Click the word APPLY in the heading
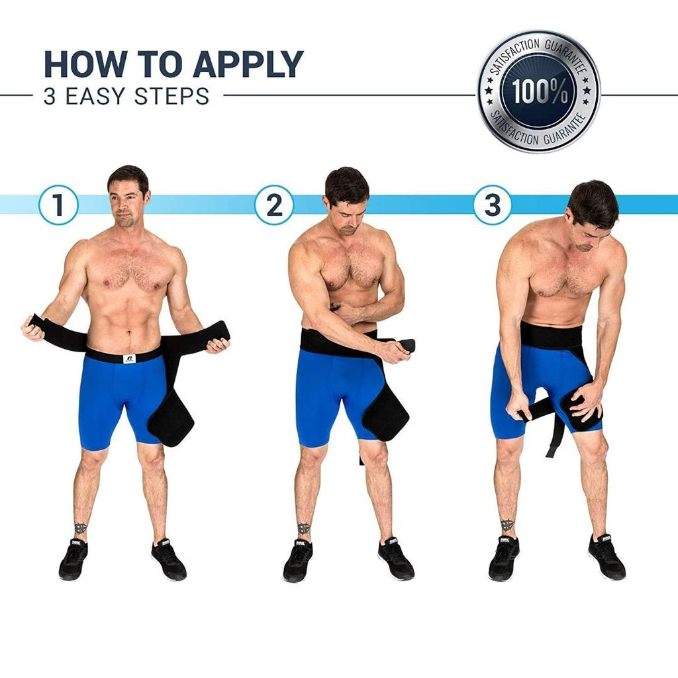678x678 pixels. point(248,64)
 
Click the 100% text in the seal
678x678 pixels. point(539,91)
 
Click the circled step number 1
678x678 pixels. point(58,205)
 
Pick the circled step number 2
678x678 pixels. point(273,205)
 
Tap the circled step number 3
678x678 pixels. point(493,205)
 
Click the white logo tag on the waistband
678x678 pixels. point(129,358)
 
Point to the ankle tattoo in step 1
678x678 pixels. point(80,528)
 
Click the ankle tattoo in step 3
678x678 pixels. point(507,525)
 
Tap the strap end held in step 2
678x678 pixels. point(407,346)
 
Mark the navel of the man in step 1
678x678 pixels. point(128,333)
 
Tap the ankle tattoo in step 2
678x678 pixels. point(303,528)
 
